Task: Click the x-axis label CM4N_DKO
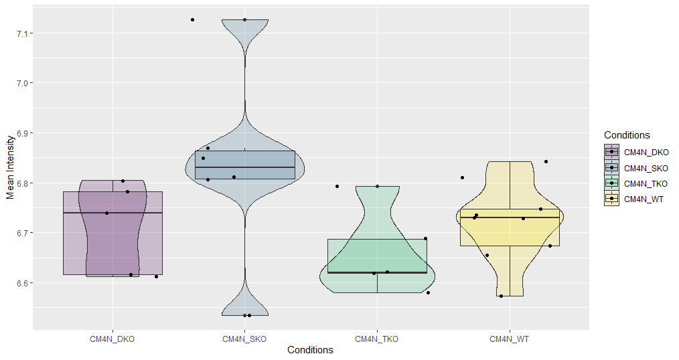[x=112, y=339]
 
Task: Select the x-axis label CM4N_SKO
[x=244, y=339]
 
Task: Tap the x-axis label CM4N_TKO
[x=376, y=339]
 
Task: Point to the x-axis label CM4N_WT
[x=509, y=339]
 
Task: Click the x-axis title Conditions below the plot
[x=310, y=350]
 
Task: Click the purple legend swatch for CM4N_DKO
[x=612, y=153]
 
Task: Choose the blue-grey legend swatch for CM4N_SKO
[x=612, y=168]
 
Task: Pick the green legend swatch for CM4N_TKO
[x=612, y=183]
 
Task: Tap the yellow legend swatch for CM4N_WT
[x=612, y=199]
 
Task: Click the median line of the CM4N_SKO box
[x=245, y=167]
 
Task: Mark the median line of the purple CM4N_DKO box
[x=112, y=213]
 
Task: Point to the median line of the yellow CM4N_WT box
[x=510, y=217]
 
